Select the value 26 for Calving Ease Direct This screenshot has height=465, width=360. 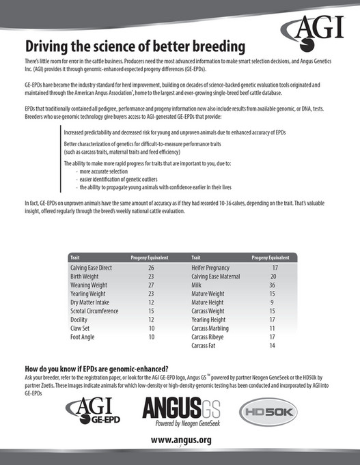coord(151,269)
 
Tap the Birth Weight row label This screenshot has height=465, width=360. coord(87,277)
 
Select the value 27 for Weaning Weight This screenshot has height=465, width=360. coord(151,285)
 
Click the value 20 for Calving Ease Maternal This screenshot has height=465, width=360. coord(272,277)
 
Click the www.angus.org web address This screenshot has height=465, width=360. coord(180,440)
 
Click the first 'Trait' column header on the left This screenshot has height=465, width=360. coord(75,258)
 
